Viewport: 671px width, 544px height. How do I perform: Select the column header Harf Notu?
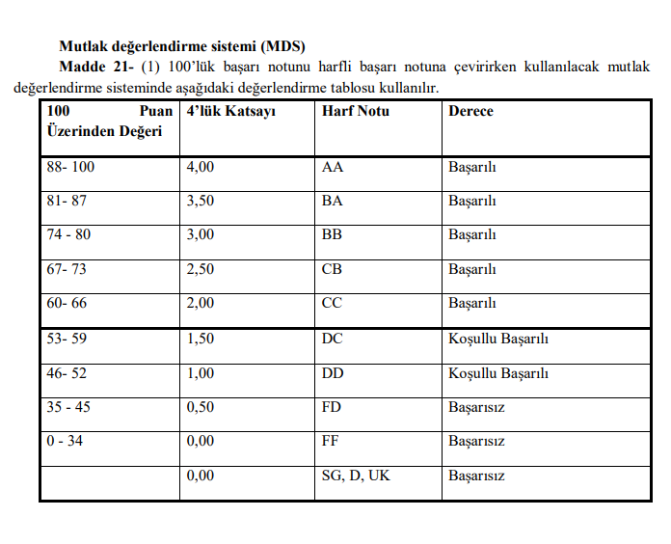(355, 112)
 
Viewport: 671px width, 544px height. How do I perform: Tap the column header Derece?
(470, 112)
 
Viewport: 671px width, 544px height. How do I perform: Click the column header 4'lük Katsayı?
(231, 112)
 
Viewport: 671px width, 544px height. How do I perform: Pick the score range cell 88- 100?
(71, 167)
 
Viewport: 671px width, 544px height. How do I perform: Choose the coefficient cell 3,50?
(201, 202)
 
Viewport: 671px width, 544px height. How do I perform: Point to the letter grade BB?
(333, 235)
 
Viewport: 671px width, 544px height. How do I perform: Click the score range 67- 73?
(67, 270)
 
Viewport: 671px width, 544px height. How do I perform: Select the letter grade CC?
(333, 304)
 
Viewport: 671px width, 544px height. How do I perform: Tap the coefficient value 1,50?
(201, 339)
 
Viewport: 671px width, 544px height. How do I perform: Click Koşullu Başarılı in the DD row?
(498, 373)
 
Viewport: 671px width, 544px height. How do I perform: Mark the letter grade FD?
(332, 407)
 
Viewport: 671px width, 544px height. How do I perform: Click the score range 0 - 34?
(66, 442)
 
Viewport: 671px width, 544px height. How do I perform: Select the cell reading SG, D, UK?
(356, 476)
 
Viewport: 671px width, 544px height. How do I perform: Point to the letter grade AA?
(333, 167)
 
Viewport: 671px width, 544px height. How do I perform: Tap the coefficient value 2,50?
(201, 270)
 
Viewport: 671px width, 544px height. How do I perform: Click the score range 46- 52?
(67, 373)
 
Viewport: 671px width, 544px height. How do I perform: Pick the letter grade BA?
(333, 202)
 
